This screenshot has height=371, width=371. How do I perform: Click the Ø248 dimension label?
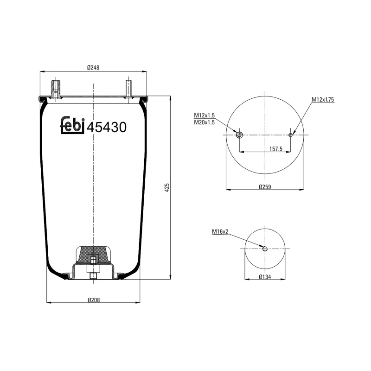[x=94, y=68]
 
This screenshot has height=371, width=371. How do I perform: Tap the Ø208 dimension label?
[x=94, y=299]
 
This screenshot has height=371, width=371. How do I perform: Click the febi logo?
[x=73, y=126]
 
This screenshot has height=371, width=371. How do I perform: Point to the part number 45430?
[x=107, y=127]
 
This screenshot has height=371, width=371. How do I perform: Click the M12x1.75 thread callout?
[x=323, y=100]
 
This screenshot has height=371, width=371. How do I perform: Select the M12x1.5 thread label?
[x=204, y=115]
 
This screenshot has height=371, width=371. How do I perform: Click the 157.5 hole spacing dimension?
[x=276, y=149]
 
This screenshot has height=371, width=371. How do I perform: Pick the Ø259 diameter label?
[x=264, y=186]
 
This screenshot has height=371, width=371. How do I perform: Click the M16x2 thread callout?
[x=220, y=231]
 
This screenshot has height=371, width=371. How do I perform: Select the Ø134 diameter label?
[x=264, y=277]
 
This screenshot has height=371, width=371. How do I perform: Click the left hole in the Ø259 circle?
[x=239, y=135]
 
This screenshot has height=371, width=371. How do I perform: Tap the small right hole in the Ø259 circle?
[x=291, y=135]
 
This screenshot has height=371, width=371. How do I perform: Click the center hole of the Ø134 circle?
[x=265, y=249]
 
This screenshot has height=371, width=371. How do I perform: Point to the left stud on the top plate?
[x=56, y=88]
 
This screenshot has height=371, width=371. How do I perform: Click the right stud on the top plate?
[x=128, y=88]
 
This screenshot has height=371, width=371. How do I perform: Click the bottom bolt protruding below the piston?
[x=93, y=276]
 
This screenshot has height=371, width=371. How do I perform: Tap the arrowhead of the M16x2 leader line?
[x=262, y=247]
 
